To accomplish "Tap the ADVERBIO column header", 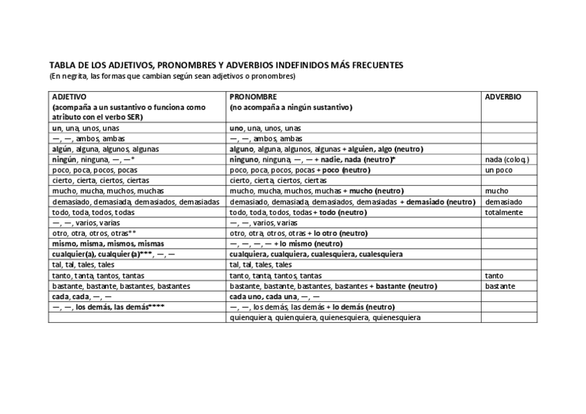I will tap(502, 97).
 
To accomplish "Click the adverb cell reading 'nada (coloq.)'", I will tap(507, 159).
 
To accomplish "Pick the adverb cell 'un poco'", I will tap(498, 170).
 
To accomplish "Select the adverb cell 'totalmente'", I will tap(504, 212).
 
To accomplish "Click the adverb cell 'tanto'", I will tap(495, 275).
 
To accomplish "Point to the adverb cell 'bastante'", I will tap(500, 285).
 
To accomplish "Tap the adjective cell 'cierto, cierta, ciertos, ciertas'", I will tap(96, 180).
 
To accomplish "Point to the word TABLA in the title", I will tap(61, 65).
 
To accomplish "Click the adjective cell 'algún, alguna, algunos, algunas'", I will tap(105, 149).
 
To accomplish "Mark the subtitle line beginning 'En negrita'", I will tap(172, 75).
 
